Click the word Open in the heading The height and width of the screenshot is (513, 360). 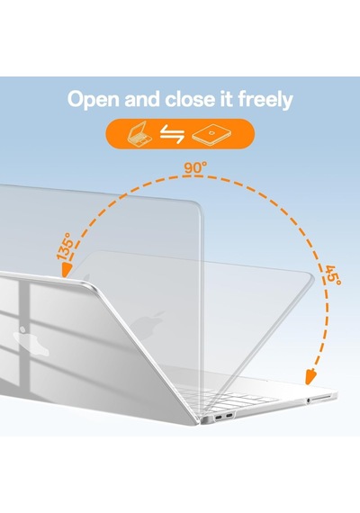coord(94,100)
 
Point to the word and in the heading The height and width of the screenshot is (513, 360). coord(142,99)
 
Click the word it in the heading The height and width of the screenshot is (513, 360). coord(224,99)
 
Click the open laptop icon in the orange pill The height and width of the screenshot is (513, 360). coord(139,133)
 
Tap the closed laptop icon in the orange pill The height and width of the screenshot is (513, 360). coord(211,134)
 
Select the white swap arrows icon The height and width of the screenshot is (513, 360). coord(172,134)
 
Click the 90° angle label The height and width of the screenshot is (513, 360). coord(195,167)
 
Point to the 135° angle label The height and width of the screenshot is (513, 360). coord(65,247)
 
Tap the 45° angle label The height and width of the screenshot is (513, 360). coord(332,274)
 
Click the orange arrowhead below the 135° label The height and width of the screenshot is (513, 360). coord(67,271)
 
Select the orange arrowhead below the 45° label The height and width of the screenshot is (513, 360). coord(310,376)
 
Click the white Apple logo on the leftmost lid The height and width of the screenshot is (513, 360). coord(30,340)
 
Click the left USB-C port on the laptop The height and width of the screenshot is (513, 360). coord(219,417)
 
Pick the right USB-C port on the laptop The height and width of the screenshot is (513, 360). coord(229,416)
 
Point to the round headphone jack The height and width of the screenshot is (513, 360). coord(308,400)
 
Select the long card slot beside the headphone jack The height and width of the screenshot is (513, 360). coord(321,398)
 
